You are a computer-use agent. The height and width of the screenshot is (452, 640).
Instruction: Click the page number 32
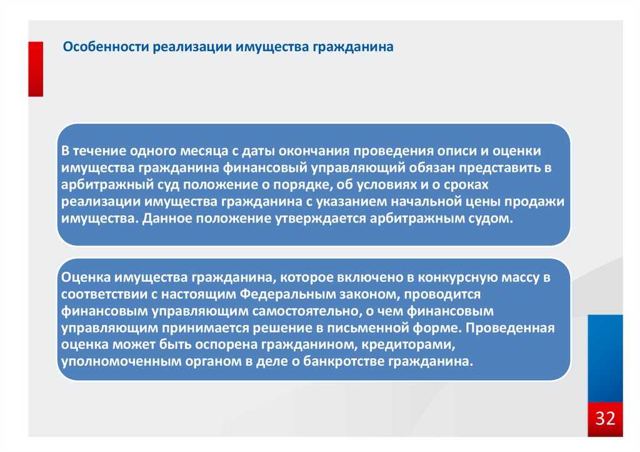(x=605, y=418)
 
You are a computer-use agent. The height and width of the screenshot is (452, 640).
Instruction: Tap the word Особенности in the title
(x=106, y=46)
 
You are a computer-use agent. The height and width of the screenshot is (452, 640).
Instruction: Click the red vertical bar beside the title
(x=36, y=69)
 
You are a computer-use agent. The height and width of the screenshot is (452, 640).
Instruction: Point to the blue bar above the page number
(x=605, y=358)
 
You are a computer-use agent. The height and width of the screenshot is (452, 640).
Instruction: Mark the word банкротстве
(x=343, y=361)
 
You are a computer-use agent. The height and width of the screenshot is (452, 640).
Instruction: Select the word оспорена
(x=226, y=345)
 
